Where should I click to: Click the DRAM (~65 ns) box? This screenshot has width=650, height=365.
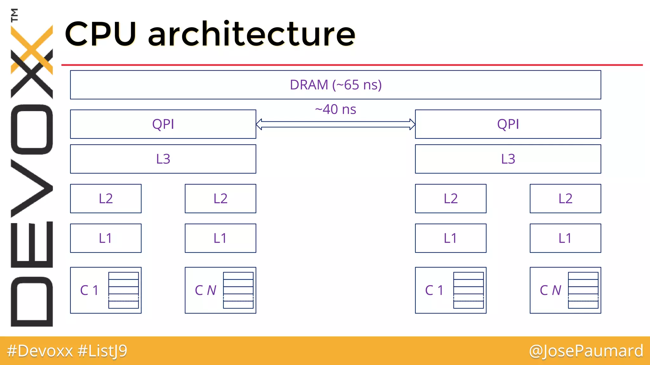pyautogui.click(x=335, y=85)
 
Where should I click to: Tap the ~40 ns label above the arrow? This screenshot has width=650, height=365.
pyautogui.click(x=335, y=109)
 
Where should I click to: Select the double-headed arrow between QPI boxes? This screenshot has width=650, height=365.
pyautogui.click(x=335, y=124)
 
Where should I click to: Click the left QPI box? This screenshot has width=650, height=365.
pyautogui.click(x=163, y=124)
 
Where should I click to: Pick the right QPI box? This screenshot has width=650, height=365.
pyautogui.click(x=508, y=124)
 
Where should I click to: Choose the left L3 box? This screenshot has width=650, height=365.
pyautogui.click(x=163, y=159)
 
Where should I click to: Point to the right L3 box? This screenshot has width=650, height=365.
pyautogui.click(x=508, y=159)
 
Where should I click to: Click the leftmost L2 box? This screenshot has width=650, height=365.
pyautogui.click(x=106, y=198)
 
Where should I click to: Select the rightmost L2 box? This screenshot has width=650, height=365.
pyautogui.click(x=565, y=198)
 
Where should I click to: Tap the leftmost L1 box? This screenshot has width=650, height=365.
pyautogui.click(x=106, y=238)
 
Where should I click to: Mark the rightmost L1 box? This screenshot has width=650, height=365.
pyautogui.click(x=565, y=238)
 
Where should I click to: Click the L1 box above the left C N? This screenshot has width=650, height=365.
pyautogui.click(x=220, y=238)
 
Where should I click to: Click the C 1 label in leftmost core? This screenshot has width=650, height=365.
pyautogui.click(x=89, y=290)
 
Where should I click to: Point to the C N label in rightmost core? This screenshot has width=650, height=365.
pyautogui.click(x=550, y=290)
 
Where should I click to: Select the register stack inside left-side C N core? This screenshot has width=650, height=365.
pyautogui.click(x=238, y=290)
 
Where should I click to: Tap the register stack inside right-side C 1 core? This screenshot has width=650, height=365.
pyautogui.click(x=468, y=290)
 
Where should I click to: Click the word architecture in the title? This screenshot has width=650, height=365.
pyautogui.click(x=251, y=34)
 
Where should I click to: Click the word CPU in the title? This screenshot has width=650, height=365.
pyautogui.click(x=101, y=34)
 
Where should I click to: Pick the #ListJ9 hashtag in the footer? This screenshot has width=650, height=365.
pyautogui.click(x=102, y=351)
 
